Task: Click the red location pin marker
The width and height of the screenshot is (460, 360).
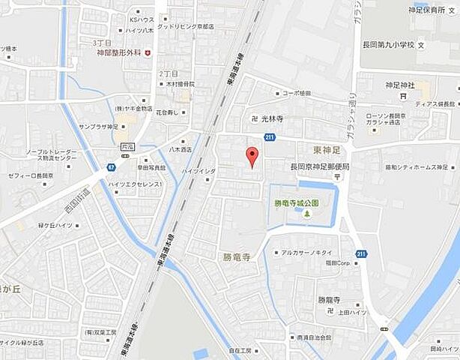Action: pos(252,156)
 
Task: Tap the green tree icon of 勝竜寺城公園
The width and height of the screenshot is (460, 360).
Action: pos(306,215)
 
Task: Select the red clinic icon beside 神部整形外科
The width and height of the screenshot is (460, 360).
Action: pos(148,52)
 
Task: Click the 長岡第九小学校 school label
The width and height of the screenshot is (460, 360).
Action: pos(389,46)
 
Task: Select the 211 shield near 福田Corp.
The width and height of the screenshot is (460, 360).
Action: pos(361,254)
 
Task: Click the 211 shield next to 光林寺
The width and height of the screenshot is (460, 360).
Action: pos(270,136)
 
